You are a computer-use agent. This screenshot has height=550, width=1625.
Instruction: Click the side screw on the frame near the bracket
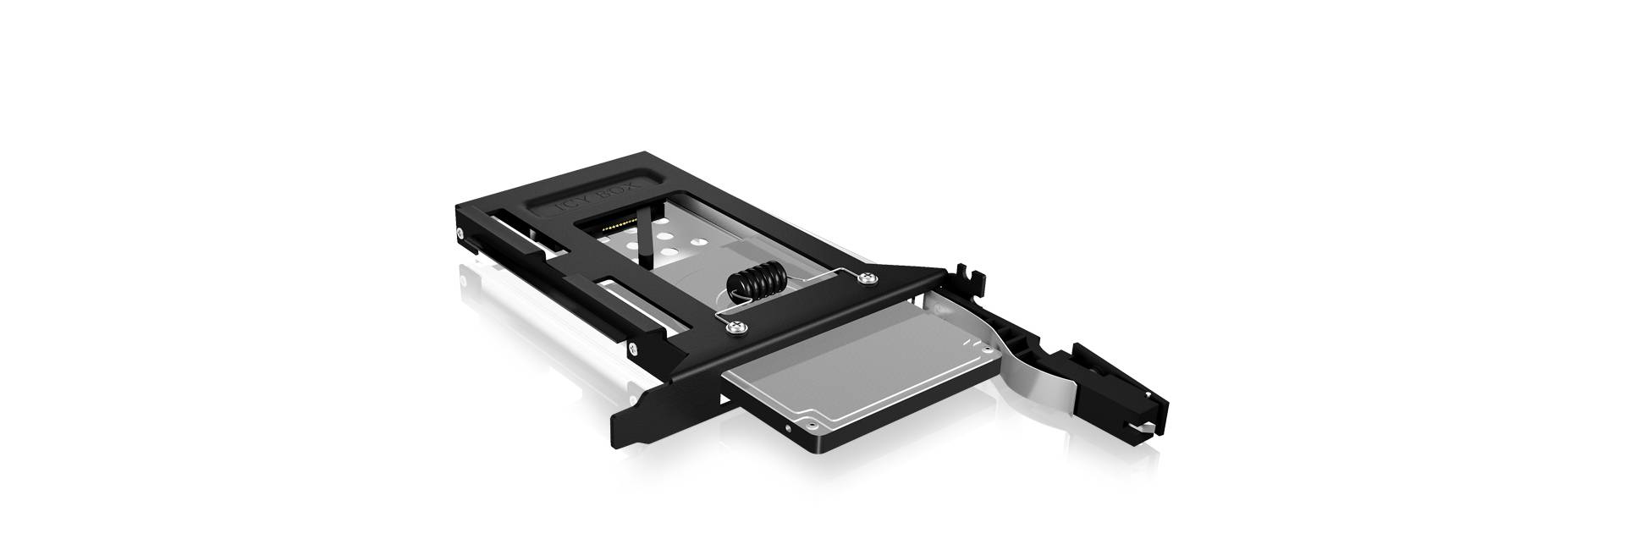click(x=631, y=346)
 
